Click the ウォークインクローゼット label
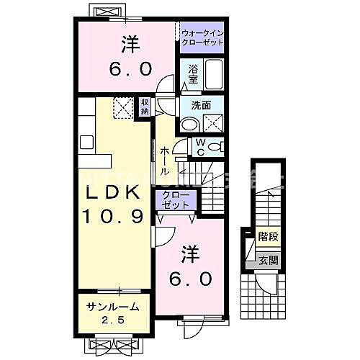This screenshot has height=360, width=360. coord(202,37)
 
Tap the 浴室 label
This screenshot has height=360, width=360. coord(193,73)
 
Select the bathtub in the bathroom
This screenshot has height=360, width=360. coord(215,75)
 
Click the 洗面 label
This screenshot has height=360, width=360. coord(201,105)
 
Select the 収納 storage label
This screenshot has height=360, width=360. coord(145,106)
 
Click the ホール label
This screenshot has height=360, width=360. coord(165,156)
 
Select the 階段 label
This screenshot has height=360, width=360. coord(268,235)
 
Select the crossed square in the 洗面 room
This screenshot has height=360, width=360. coord(213,122)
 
